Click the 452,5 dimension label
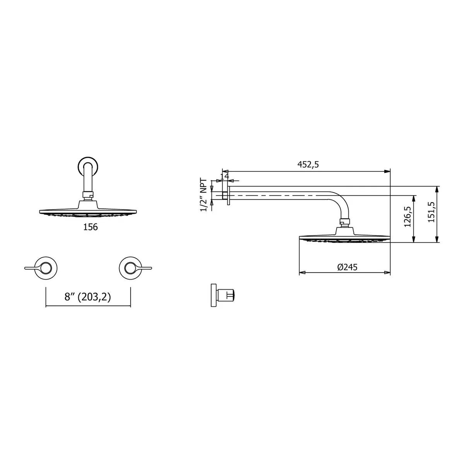tap(308, 164)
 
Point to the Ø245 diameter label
tap(347, 267)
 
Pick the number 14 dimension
tap(224, 176)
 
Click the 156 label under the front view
tap(90, 227)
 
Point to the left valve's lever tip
tap(26, 268)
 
